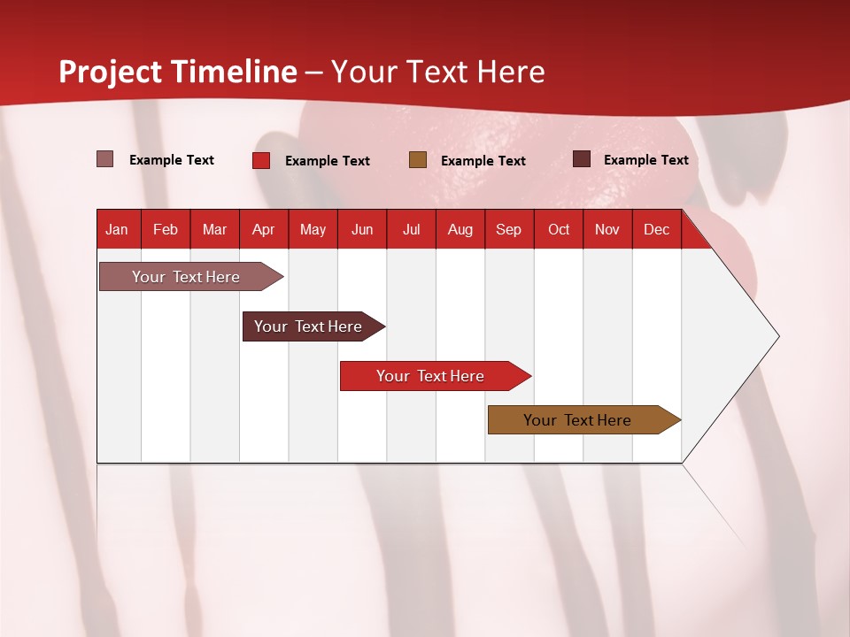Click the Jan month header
coord(117,229)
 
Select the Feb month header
coord(166,229)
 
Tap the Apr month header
coord(263,229)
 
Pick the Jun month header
coord(362,229)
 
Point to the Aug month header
coord(460,229)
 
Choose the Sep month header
coord(508,229)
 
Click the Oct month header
coord(559,229)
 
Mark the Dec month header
coord(656,229)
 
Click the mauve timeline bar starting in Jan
coord(186,277)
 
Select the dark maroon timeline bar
coord(308,326)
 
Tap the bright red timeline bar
coord(430,376)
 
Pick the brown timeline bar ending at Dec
coord(577,420)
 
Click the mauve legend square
coord(104,159)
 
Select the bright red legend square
coord(261,160)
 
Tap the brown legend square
coord(418,159)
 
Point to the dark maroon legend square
coord(582,159)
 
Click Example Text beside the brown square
coord(483,160)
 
